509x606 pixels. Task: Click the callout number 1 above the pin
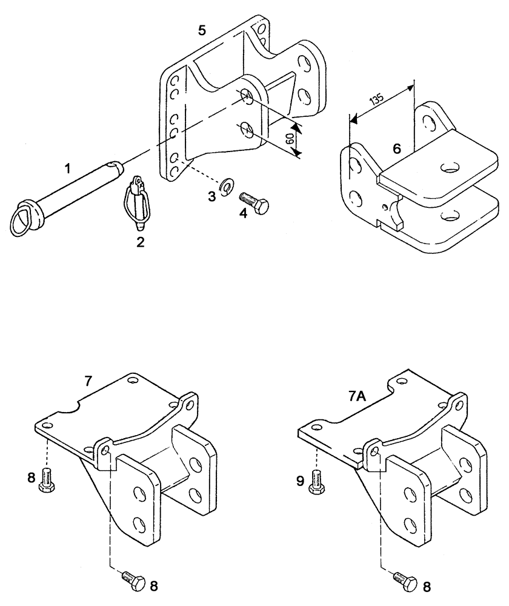pyautogui.click(x=68, y=168)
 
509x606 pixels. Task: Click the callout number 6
pyautogui.click(x=396, y=148)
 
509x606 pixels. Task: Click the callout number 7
pyautogui.click(x=88, y=381)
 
